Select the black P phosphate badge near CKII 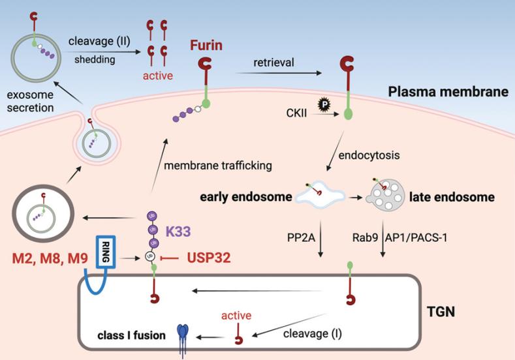click(322, 103)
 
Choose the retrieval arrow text click(277, 63)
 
